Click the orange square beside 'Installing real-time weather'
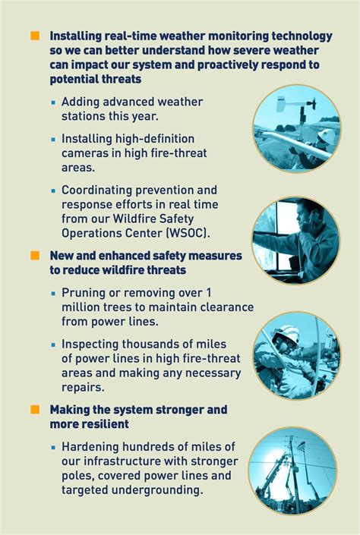coord(35,36)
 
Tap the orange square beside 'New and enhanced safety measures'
coord(35,255)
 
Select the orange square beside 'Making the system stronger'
coord(35,410)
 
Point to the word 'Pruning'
coord(83,294)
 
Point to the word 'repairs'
coord(83,388)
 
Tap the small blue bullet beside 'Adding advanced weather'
coord(53,102)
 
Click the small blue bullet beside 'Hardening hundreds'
coord(53,447)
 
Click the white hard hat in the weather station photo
coord(327,136)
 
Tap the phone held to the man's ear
coord(305,220)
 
